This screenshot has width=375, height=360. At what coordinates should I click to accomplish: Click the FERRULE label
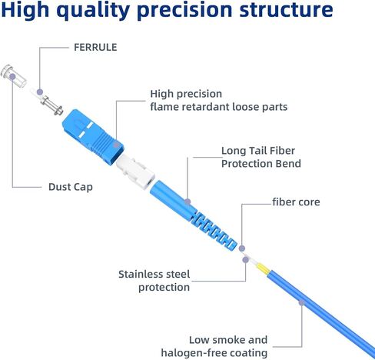click(95, 48)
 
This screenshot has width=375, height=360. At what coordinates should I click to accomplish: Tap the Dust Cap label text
click(71, 187)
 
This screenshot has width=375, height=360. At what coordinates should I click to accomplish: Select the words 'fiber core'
click(296, 202)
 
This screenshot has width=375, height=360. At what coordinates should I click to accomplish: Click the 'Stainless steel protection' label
click(154, 281)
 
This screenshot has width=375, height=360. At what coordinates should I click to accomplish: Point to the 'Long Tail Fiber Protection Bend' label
click(261, 157)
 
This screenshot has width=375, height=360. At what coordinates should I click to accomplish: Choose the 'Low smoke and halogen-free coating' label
click(214, 346)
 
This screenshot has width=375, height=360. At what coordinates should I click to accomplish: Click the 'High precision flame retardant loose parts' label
click(219, 100)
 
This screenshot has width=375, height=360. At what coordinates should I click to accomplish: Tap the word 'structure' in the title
click(286, 10)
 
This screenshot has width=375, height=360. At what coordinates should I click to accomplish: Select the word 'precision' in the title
click(184, 10)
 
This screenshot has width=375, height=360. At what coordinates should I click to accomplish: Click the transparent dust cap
click(14, 76)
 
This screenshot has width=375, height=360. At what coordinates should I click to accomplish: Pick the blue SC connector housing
click(93, 137)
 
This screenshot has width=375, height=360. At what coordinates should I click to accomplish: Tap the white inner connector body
click(135, 172)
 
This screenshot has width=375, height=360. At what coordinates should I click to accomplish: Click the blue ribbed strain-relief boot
click(193, 215)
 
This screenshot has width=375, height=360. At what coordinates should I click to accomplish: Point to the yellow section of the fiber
click(263, 268)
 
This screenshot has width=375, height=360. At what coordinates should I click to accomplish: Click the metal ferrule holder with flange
click(51, 105)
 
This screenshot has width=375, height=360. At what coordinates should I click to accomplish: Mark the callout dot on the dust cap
click(12, 76)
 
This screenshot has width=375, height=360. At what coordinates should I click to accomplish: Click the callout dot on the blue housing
click(116, 145)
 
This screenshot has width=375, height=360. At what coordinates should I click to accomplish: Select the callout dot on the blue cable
click(301, 303)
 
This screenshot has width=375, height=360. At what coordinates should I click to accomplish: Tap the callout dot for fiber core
click(242, 248)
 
